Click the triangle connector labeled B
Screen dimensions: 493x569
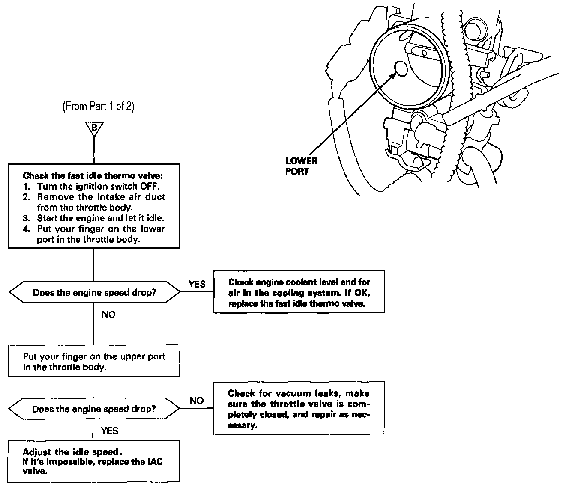pyautogui.click(x=93, y=128)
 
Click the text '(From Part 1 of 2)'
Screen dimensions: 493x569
pyautogui.click(x=99, y=107)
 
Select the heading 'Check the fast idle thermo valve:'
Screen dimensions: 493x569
pyautogui.click(x=93, y=176)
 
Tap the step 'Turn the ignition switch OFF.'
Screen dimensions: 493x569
pyautogui.click(x=98, y=187)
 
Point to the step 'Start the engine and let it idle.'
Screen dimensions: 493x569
pyautogui.click(x=101, y=218)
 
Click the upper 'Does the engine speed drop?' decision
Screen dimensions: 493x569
pyautogui.click(x=94, y=293)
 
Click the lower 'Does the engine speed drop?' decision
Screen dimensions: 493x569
pyautogui.click(x=94, y=409)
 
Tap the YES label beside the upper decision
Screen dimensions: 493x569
pyautogui.click(x=197, y=284)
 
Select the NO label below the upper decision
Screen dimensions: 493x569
pyautogui.click(x=108, y=315)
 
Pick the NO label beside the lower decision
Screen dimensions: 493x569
pyautogui.click(x=197, y=401)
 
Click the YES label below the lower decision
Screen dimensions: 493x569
pyautogui.click(x=109, y=431)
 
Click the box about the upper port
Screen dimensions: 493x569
pyautogui.click(x=94, y=362)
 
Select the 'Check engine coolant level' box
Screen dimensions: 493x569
pyautogui.click(x=299, y=293)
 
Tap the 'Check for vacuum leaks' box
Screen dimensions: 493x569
pyautogui.click(x=299, y=409)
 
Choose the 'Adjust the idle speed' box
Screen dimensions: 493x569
pyautogui.click(x=93, y=461)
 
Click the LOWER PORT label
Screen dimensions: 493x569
pyautogui.click(x=301, y=166)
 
